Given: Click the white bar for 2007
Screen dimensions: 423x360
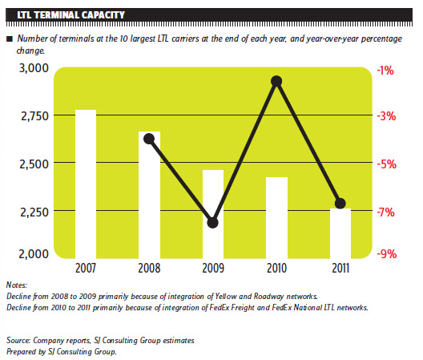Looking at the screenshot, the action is pyautogui.click(x=86, y=184).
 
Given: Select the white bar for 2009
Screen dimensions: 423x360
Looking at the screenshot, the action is pyautogui.click(x=213, y=214).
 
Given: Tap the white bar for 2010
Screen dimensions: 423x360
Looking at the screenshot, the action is pyautogui.click(x=276, y=217).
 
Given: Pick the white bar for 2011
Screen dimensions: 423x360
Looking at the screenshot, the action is pyautogui.click(x=340, y=233).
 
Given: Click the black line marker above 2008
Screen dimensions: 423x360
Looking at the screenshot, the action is pyautogui.click(x=149, y=139).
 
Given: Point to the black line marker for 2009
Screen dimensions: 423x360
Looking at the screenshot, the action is pyautogui.click(x=212, y=223).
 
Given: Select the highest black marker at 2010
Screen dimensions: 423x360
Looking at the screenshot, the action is pyautogui.click(x=276, y=81).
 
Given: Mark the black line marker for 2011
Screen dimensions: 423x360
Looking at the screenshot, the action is pyautogui.click(x=340, y=203).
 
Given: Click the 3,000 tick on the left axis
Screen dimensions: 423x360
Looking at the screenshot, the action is pyautogui.click(x=34, y=68).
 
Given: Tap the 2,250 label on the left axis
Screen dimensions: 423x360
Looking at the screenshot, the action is pyautogui.click(x=34, y=212).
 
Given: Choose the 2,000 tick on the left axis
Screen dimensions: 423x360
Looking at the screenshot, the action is pyautogui.click(x=34, y=254).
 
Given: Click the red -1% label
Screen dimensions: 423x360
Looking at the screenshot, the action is pyautogui.click(x=385, y=71).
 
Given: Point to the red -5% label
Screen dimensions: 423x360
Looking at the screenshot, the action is pyautogui.click(x=387, y=164).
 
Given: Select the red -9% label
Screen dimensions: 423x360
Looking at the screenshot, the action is pyautogui.click(x=387, y=254).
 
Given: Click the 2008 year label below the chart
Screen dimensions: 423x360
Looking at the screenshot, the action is pyautogui.click(x=149, y=268).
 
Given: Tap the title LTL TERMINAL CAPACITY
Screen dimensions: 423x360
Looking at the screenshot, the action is pyautogui.click(x=70, y=15).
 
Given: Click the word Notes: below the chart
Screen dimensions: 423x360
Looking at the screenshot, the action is pyautogui.click(x=17, y=285).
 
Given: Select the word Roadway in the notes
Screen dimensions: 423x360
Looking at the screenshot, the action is pyautogui.click(x=268, y=297).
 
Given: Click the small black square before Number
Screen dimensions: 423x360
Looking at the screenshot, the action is pyautogui.click(x=10, y=39).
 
